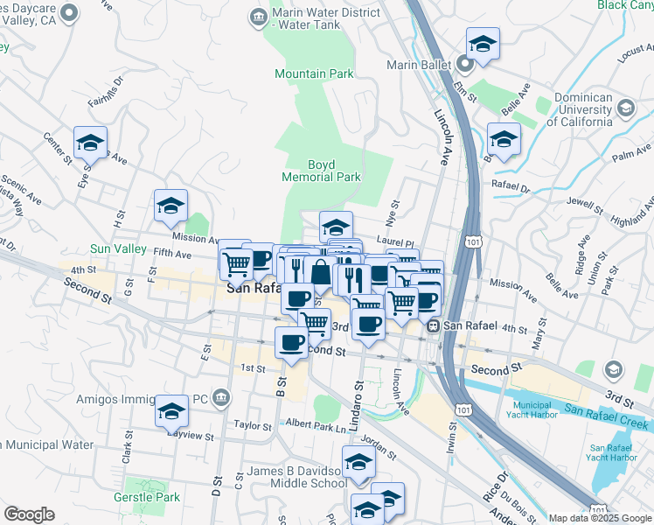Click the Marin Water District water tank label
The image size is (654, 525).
point(325,21)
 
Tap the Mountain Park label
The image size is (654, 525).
point(314,74)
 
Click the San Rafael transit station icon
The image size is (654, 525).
point(433,325)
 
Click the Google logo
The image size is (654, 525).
point(30,514)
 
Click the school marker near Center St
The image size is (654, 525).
point(90,142)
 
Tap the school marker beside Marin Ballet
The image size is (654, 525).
point(483,44)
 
